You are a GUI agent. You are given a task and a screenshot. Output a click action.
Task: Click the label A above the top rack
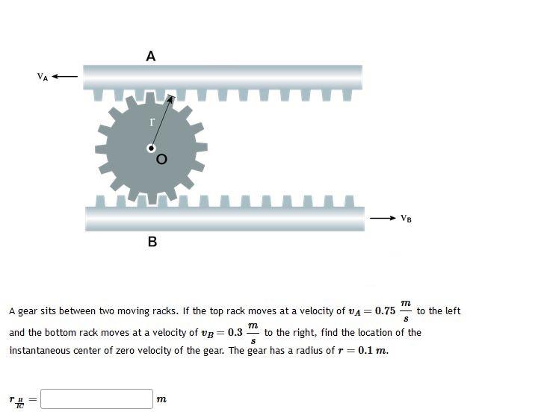click(151, 56)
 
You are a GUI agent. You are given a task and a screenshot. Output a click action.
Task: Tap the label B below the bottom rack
click(152, 242)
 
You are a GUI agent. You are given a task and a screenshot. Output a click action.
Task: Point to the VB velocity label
click(406, 219)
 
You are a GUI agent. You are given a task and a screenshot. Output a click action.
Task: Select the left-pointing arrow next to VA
click(66, 76)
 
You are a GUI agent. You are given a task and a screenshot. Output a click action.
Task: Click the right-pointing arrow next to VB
click(383, 218)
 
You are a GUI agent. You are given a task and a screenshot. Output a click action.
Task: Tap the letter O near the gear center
click(161, 159)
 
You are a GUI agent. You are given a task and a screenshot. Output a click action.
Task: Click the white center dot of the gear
click(151, 149)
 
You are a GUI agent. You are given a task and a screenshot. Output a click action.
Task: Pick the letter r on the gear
click(152, 121)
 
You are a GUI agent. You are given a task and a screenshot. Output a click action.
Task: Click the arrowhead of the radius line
click(171, 97)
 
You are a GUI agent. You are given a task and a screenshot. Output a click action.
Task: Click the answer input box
click(96, 399)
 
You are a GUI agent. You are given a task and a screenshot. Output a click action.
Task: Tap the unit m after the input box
click(161, 400)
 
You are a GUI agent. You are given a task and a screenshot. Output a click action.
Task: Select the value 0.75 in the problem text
click(385, 311)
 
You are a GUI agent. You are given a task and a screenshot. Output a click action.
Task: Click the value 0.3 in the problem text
click(235, 333)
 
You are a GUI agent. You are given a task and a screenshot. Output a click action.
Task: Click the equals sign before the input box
click(32, 400)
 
